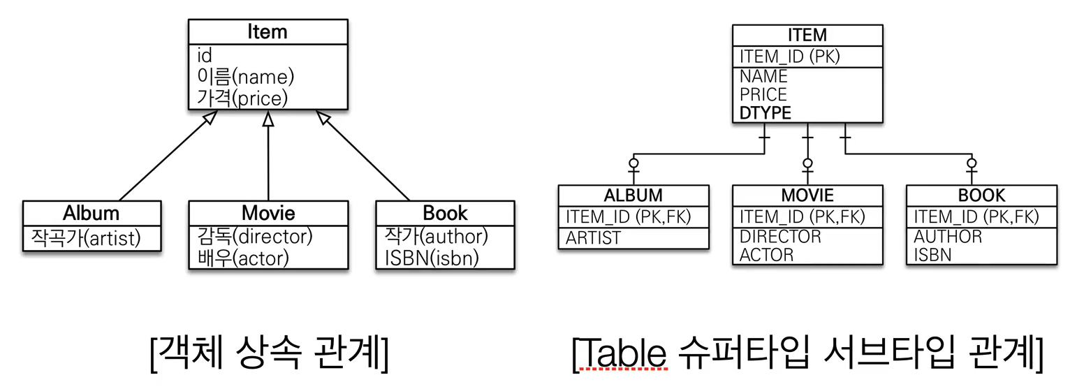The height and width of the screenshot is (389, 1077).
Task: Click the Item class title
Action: point(268,31)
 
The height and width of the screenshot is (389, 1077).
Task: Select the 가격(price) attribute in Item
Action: point(242,98)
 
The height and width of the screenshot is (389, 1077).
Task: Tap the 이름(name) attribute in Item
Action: point(245,76)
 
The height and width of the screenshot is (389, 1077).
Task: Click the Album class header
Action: point(91,212)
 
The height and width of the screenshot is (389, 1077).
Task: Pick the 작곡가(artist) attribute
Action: point(85,238)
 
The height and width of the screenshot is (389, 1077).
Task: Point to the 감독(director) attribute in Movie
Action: point(254,236)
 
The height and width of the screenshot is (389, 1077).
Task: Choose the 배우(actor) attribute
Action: point(243,258)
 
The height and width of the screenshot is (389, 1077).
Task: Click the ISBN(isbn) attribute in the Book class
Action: point(432,258)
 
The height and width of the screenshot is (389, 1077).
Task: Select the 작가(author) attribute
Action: point(436,236)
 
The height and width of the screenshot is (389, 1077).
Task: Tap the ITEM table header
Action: point(807,35)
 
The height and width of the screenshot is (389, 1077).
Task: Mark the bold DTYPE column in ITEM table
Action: point(765,113)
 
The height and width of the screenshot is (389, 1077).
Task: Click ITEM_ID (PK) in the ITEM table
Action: point(790,57)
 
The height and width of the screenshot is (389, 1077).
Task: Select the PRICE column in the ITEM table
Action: point(763,94)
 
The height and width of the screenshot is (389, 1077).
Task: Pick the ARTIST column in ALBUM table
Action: point(593,238)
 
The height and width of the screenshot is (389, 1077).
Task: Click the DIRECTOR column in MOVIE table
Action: point(780,237)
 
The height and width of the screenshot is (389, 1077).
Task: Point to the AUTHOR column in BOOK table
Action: point(948,237)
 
